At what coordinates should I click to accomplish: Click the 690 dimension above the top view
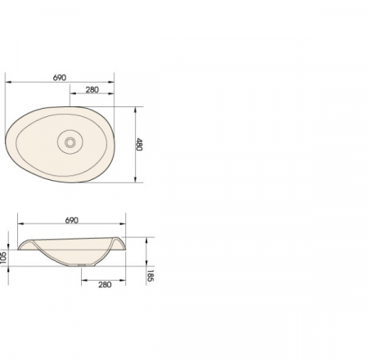pos(60,78)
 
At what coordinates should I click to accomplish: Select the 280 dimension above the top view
pos(92,90)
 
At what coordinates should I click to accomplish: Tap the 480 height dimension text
pos(139,145)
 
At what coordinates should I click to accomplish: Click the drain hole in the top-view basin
pos(70,142)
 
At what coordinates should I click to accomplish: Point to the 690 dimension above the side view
pos(72,220)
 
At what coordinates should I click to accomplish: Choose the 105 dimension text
pos(3,257)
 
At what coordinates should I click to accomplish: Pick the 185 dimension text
pos(150,276)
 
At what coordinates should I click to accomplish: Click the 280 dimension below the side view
pos(105,285)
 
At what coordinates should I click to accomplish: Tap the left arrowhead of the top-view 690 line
pos(8,82)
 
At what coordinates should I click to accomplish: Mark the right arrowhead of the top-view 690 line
pos(111,82)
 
